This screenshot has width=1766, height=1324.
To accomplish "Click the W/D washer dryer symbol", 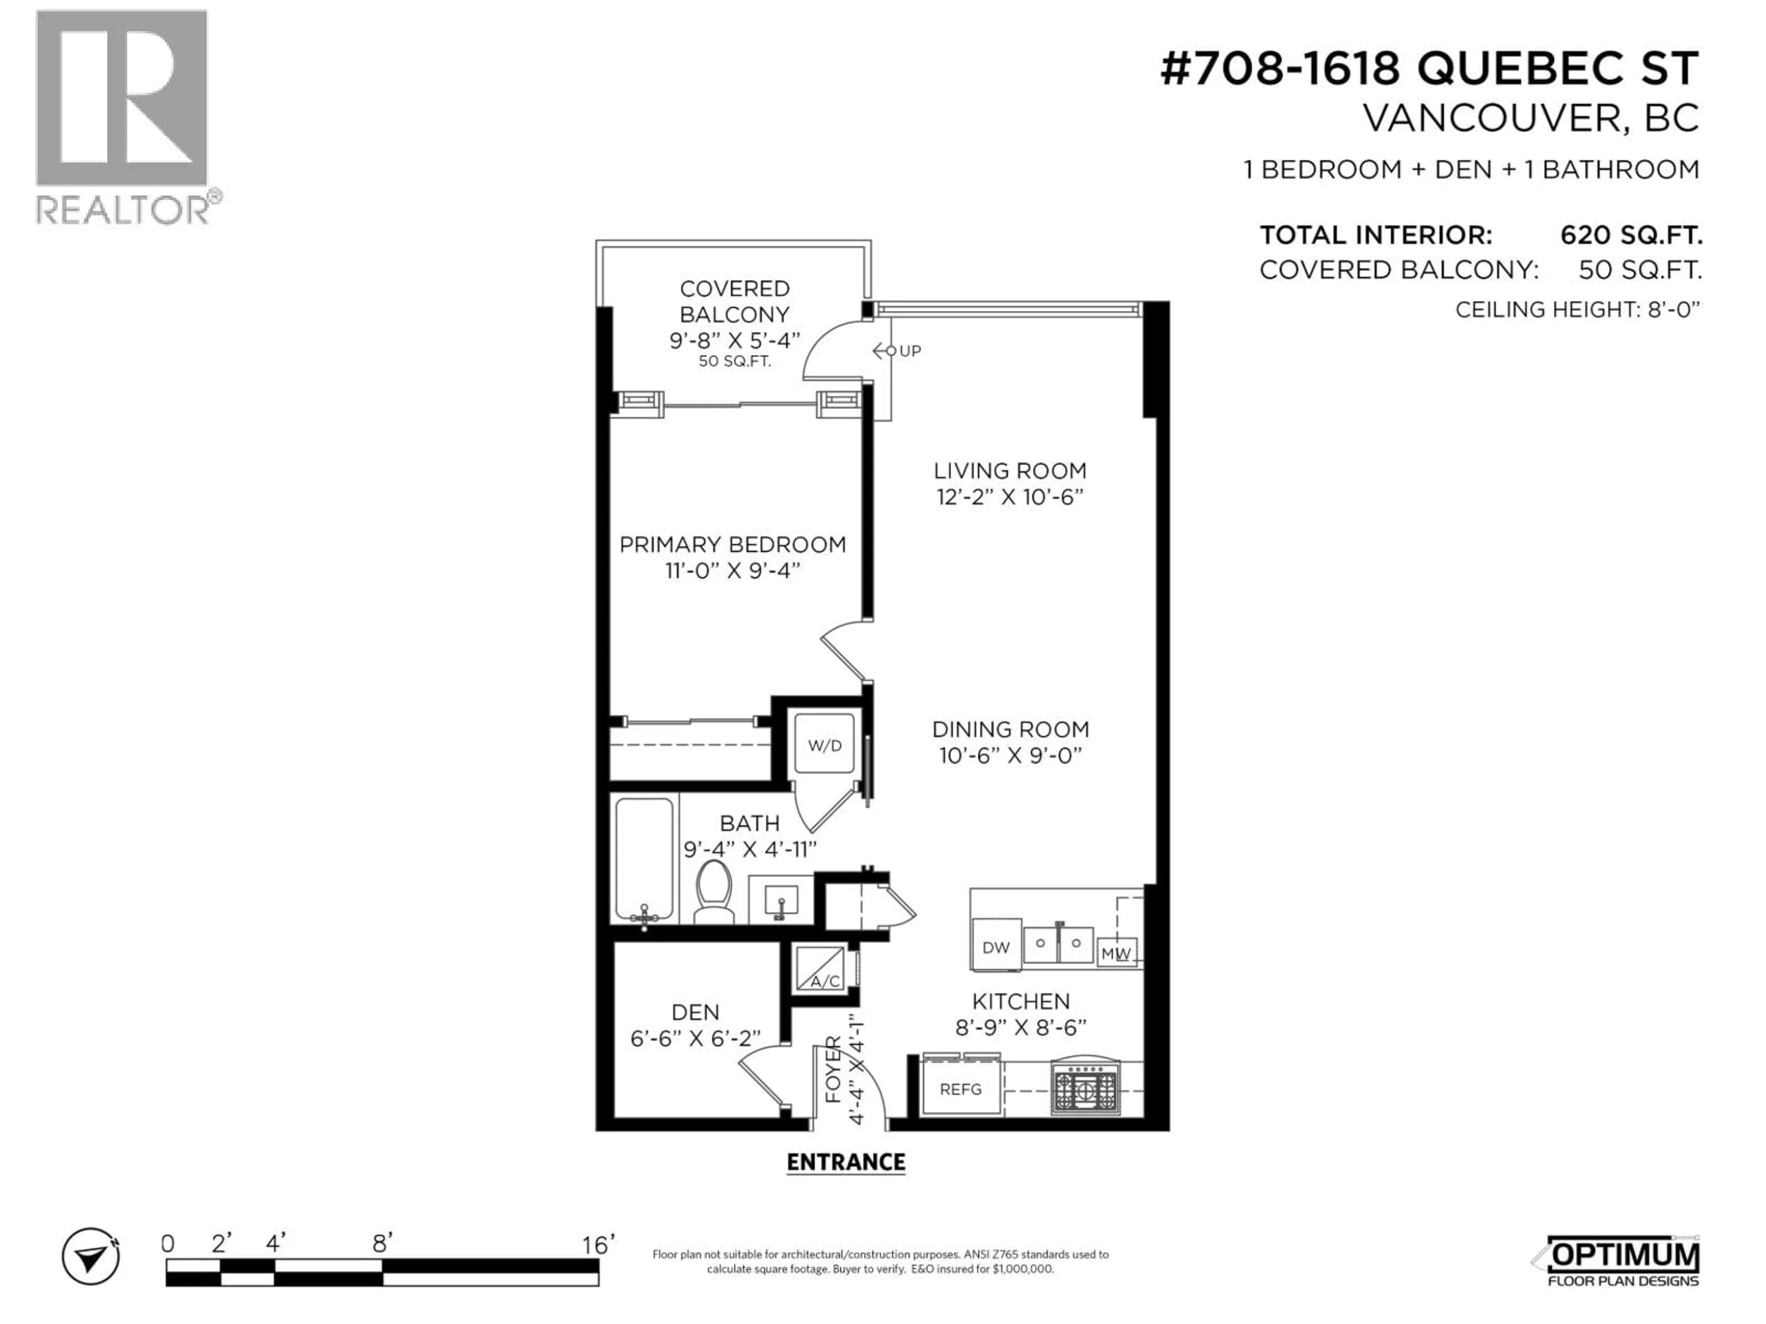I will [x=824, y=745].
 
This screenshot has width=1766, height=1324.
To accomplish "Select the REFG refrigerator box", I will [x=960, y=1089].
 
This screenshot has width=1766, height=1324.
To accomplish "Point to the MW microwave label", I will [x=1115, y=953].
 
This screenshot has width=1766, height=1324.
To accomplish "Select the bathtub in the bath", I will [x=643, y=860].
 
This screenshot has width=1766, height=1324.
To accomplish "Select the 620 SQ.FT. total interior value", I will [x=1631, y=235].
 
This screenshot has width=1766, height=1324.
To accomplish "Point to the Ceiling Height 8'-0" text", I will [x=1577, y=310].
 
